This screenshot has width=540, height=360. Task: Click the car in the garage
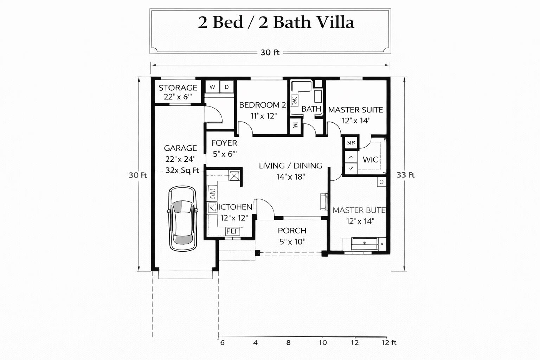pyautogui.click(x=182, y=218)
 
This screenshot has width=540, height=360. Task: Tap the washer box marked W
pyautogui.click(x=212, y=87)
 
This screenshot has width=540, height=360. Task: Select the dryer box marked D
pyautogui.click(x=227, y=87)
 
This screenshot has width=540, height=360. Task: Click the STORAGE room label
pyautogui.click(x=178, y=88)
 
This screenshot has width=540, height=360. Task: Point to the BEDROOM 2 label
pyautogui.click(x=262, y=105)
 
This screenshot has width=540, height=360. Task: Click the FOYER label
pyautogui.click(x=224, y=143)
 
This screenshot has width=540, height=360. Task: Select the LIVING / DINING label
pyautogui.click(x=290, y=166)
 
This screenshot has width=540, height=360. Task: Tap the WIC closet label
pyautogui.click(x=371, y=160)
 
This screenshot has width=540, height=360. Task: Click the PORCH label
pyautogui.click(x=292, y=231)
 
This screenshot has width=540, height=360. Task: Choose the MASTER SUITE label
pyautogui.click(x=355, y=110)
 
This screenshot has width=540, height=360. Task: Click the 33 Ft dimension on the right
pyautogui.click(x=405, y=175)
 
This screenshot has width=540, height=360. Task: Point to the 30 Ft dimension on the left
pyautogui.click(x=137, y=175)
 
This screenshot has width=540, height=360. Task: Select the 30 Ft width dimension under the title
pyautogui.click(x=270, y=52)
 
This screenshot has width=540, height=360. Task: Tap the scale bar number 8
pyautogui.click(x=288, y=342)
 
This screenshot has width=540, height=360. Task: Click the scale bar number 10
pyautogui.click(x=323, y=342)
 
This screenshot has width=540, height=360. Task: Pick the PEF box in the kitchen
pyautogui.click(x=232, y=231)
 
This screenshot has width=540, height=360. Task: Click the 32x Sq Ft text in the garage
pyautogui.click(x=182, y=170)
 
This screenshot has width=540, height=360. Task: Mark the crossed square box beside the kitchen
pyautogui.click(x=234, y=175)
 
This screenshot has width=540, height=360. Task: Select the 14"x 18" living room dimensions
pyautogui.click(x=290, y=176)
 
